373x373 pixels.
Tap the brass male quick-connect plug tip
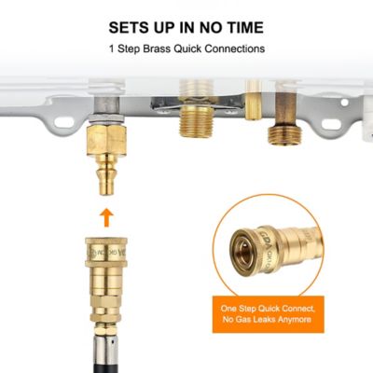pos(106,182)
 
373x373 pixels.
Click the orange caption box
pos(268,315)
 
